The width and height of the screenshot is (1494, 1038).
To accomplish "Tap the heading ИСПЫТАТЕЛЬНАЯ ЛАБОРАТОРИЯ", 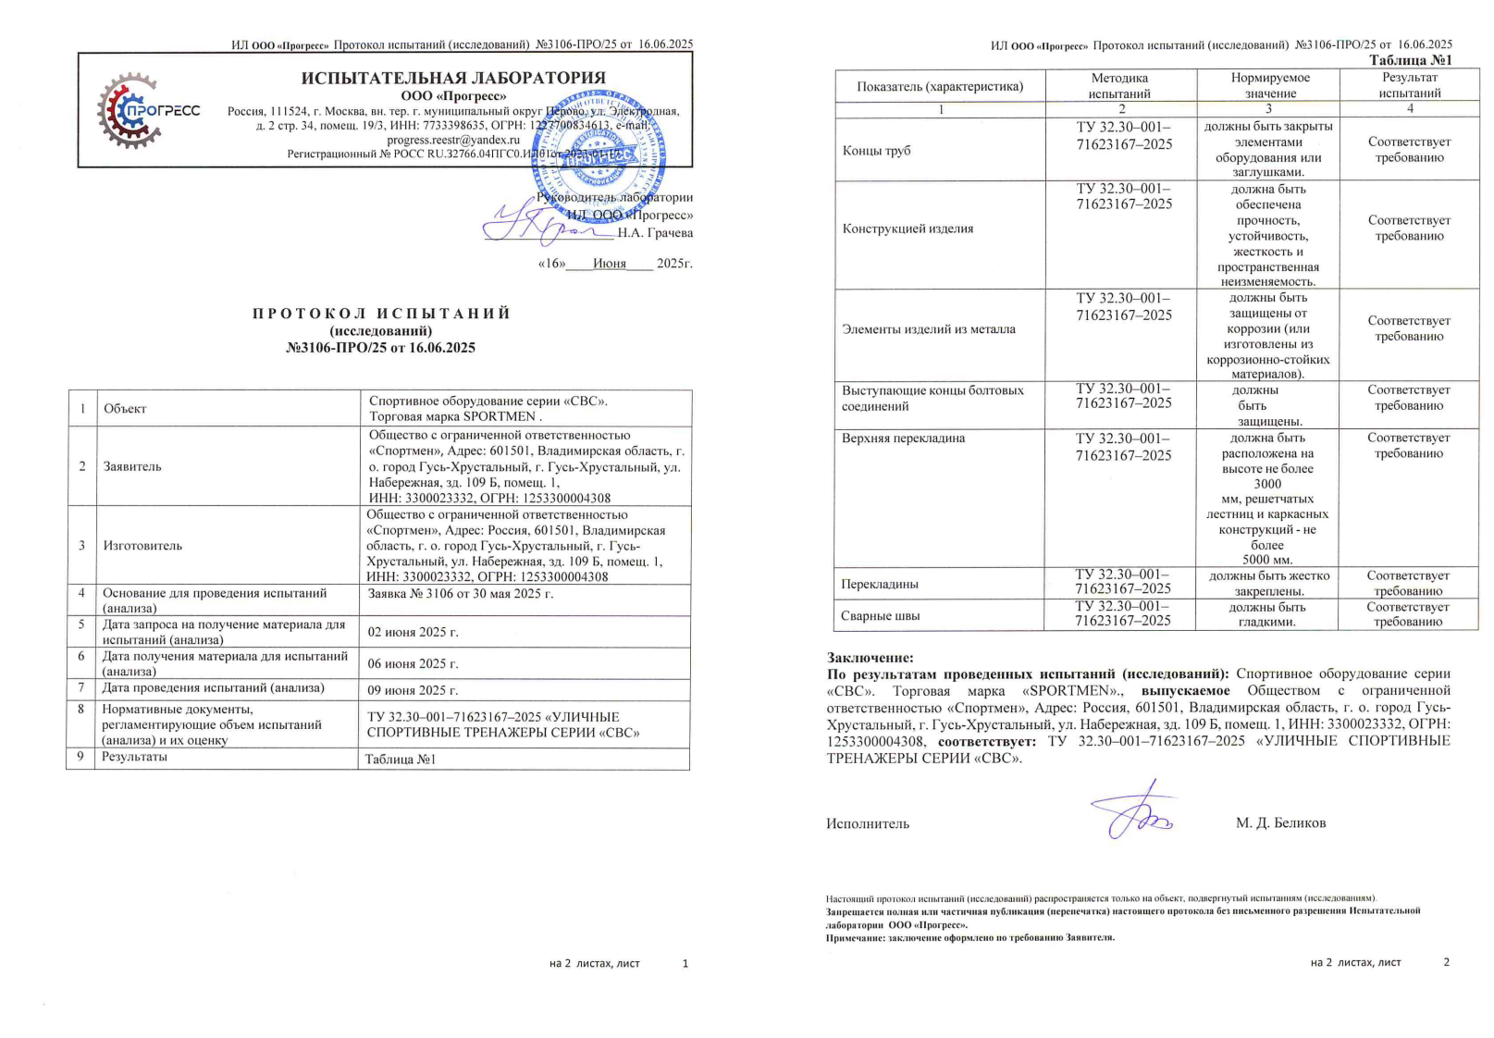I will (x=453, y=78).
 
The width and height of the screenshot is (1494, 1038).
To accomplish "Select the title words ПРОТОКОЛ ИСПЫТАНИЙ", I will (x=381, y=314).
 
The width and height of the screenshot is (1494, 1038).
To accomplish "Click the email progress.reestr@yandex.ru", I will (x=453, y=140).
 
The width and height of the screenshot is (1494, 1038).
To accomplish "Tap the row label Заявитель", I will (x=132, y=466).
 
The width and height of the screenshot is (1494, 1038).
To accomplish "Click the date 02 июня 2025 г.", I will (x=414, y=633).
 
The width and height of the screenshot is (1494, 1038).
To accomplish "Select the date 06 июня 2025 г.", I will (x=414, y=663).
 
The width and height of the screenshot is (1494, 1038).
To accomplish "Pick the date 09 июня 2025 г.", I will (x=414, y=690).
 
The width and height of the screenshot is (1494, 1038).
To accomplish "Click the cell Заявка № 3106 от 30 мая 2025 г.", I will (x=461, y=593).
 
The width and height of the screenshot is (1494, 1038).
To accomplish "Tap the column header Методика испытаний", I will (x=1119, y=86).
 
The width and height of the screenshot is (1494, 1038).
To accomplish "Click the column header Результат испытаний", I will (x=1409, y=86).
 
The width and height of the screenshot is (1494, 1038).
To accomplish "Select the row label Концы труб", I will (x=876, y=151).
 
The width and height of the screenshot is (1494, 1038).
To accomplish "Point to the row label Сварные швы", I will (x=880, y=616).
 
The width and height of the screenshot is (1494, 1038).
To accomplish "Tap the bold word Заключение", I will (x=870, y=658).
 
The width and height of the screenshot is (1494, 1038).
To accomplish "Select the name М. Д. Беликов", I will (x=1280, y=822).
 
